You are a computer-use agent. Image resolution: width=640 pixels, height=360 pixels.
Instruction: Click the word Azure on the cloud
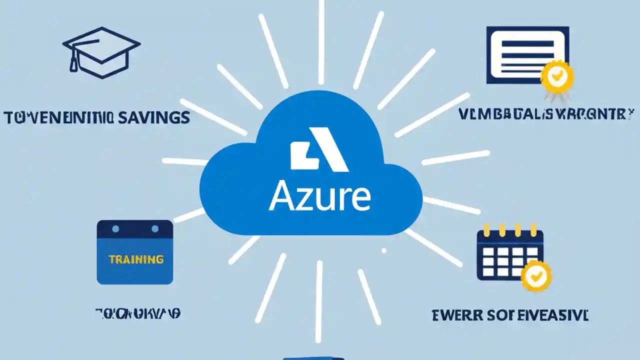(x=319, y=197)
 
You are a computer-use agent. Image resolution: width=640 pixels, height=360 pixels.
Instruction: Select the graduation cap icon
(x=99, y=52)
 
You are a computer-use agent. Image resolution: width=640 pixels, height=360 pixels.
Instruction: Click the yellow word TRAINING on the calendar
(x=136, y=259)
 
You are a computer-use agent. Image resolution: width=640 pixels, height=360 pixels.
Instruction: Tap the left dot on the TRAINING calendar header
(x=115, y=229)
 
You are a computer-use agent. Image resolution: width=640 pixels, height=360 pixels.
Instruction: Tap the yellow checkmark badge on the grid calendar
(x=536, y=275)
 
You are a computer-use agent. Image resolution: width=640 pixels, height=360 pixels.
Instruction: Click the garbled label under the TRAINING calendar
(x=137, y=313)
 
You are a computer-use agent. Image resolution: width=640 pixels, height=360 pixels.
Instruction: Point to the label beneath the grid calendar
(x=509, y=315)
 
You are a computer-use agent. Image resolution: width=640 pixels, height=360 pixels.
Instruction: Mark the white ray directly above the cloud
(x=321, y=40)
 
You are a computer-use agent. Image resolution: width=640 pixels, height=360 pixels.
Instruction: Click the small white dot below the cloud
(x=384, y=250)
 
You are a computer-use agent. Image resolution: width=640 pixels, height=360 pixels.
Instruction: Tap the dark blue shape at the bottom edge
(x=313, y=358)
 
